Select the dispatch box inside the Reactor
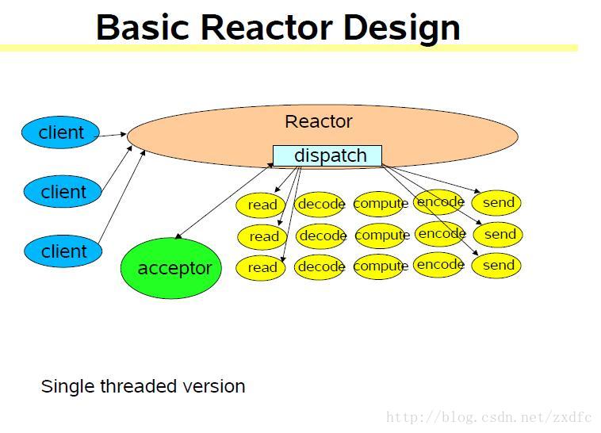tap(327, 155)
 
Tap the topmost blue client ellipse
tap(61, 132)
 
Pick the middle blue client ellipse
tap(63, 192)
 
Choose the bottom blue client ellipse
tap(63, 251)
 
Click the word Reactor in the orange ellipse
tap(318, 121)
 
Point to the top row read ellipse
tap(262, 205)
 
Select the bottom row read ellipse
tap(262, 267)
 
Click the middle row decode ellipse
tap(322, 236)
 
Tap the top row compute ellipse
tap(381, 204)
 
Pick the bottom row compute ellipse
tap(381, 266)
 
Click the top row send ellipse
tap(498, 202)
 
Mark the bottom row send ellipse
tap(497, 265)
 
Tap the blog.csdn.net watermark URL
tap(488, 417)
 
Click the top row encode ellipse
tap(440, 201)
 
